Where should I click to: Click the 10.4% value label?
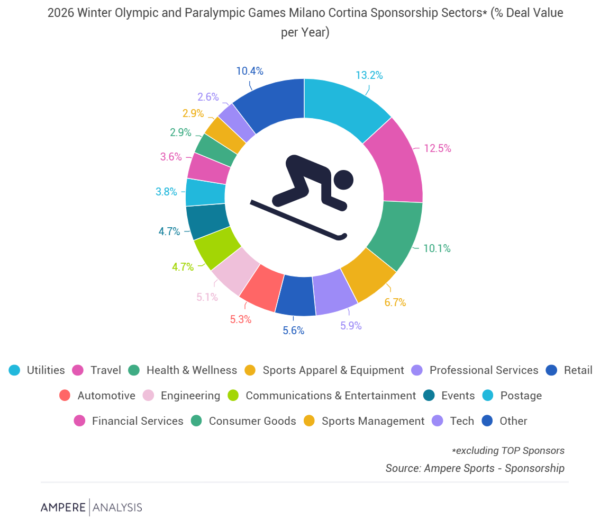tap(250, 71)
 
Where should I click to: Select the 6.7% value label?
tap(395, 302)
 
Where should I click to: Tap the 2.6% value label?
tap(208, 97)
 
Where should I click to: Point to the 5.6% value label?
tap(293, 331)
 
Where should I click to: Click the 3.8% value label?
tap(166, 192)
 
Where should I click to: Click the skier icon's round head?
tap(343, 180)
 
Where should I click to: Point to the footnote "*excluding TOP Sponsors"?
tap(508, 451)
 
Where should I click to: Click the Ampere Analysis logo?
tap(92, 507)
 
